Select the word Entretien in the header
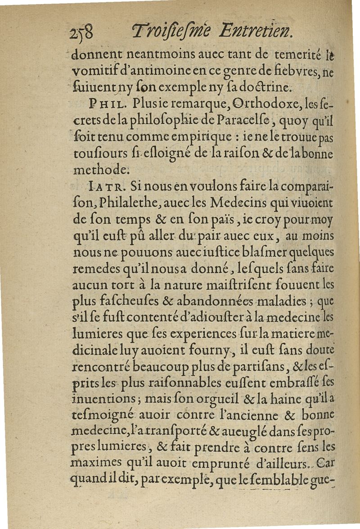(255, 32)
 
